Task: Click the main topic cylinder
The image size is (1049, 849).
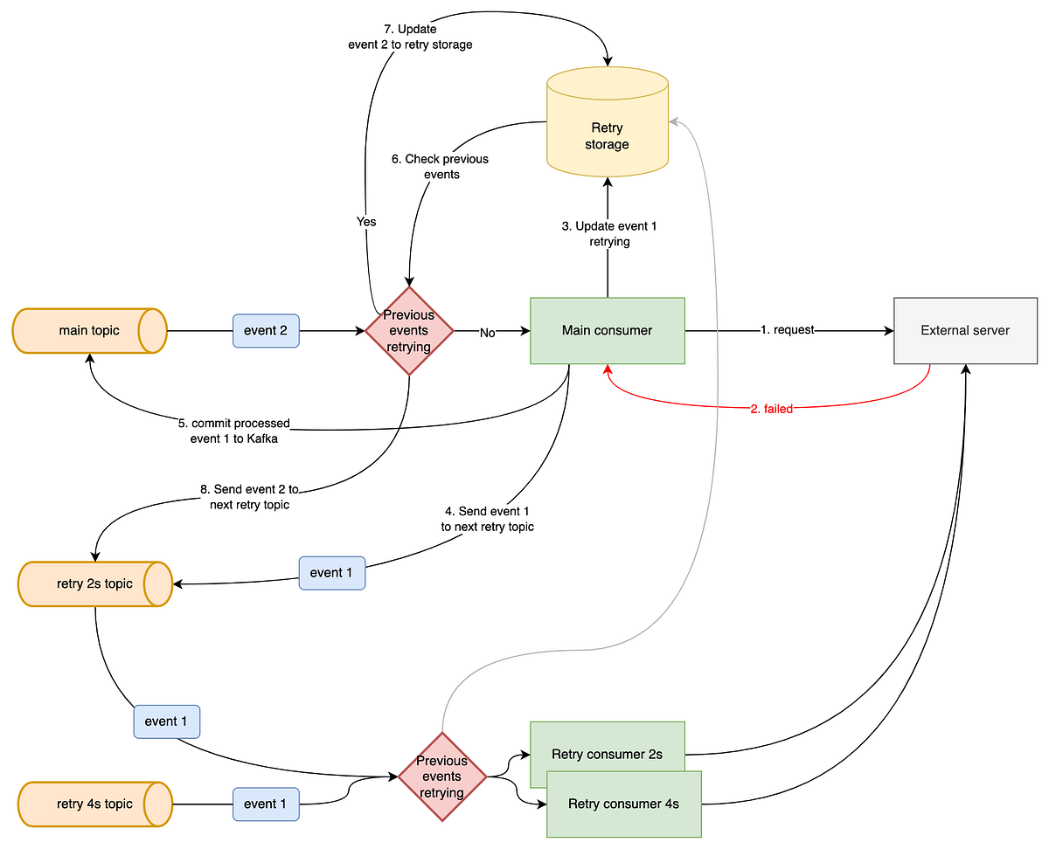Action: click(89, 331)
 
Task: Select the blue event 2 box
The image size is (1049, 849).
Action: click(266, 331)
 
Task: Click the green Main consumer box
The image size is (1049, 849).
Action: click(607, 331)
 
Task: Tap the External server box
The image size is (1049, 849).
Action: click(965, 331)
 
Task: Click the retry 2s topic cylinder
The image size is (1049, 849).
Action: click(94, 583)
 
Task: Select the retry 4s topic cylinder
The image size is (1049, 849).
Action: click(94, 804)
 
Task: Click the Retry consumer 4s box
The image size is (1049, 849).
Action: click(624, 804)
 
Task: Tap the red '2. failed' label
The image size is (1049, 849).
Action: click(772, 409)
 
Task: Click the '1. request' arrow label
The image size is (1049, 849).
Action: click(787, 330)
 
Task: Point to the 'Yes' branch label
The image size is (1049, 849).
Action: click(366, 222)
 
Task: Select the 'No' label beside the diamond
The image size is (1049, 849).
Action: click(487, 332)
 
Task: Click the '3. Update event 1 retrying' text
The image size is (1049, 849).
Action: click(609, 233)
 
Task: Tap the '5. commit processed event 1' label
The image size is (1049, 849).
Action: click(234, 431)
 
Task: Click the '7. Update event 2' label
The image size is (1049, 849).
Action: click(410, 37)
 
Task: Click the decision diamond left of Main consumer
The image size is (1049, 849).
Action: click(409, 331)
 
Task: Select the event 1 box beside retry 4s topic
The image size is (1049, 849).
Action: click(266, 804)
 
